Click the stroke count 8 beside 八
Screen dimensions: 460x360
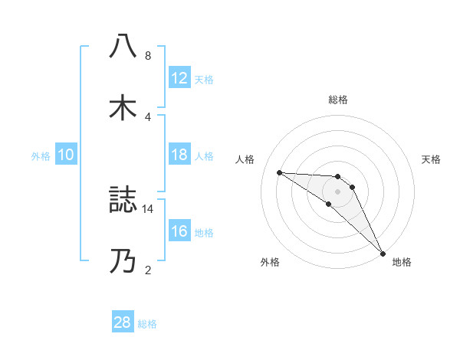(147, 56)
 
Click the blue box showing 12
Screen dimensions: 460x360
(179, 78)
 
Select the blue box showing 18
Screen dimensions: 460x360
(179, 155)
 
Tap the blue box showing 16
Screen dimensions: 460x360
(179, 231)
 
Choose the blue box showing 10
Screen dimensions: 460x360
(66, 155)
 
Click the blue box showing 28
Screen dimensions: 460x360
(123, 322)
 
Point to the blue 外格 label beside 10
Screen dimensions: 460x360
(41, 155)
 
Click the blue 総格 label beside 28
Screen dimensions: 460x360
(148, 323)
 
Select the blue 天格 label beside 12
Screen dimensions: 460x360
(204, 79)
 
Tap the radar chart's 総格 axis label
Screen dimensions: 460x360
(338, 100)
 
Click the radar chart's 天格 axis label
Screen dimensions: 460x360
(432, 159)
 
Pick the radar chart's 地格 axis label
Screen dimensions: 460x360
(402, 262)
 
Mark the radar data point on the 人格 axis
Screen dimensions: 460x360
(279, 172)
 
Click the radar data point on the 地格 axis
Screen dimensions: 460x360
(382, 252)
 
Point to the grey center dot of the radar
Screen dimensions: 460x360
(337, 191)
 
